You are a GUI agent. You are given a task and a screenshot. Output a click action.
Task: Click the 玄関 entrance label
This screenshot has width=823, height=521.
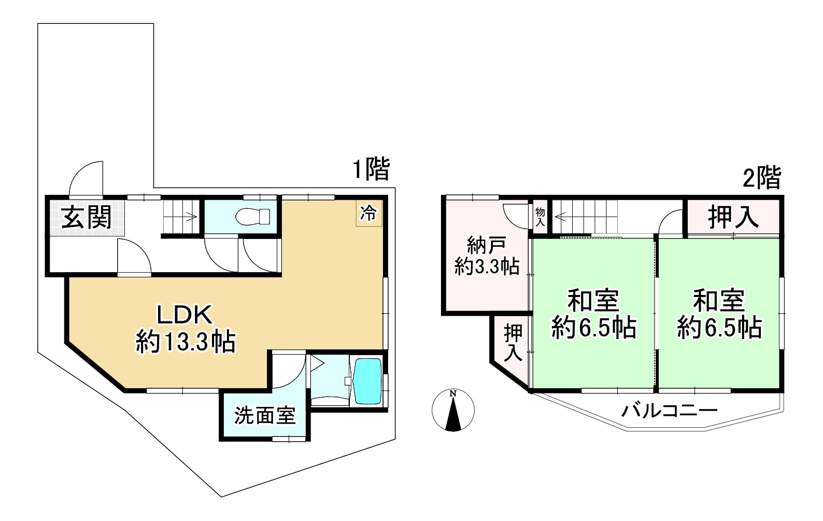87,217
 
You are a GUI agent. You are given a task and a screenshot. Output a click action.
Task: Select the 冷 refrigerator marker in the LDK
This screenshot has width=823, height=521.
368,213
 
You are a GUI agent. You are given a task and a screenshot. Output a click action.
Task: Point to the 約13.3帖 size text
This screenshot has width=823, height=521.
186,342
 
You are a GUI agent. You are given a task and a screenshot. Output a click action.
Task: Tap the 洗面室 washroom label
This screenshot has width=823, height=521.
265,415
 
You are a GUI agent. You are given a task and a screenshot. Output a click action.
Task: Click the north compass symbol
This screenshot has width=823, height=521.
453,410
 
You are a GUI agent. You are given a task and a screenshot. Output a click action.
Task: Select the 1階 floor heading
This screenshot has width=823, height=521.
371,170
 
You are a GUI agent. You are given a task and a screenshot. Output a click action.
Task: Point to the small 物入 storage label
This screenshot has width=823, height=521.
540,216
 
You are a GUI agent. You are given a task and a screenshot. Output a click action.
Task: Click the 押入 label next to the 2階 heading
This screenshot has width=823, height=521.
733,217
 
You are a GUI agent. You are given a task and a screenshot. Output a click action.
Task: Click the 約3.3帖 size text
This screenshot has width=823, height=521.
487,266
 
